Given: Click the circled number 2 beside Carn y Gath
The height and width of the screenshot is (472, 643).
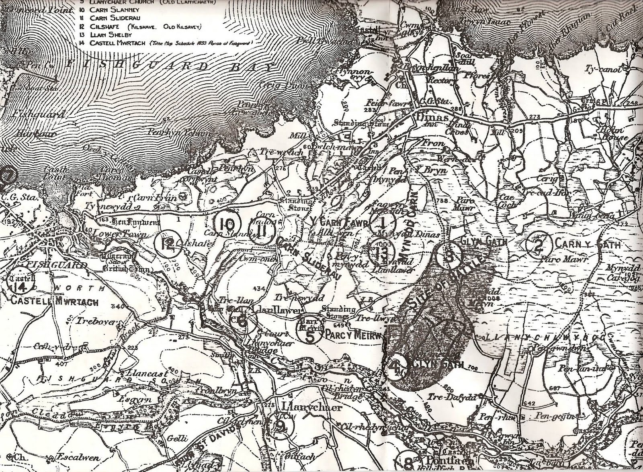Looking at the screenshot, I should click(x=539, y=244).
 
